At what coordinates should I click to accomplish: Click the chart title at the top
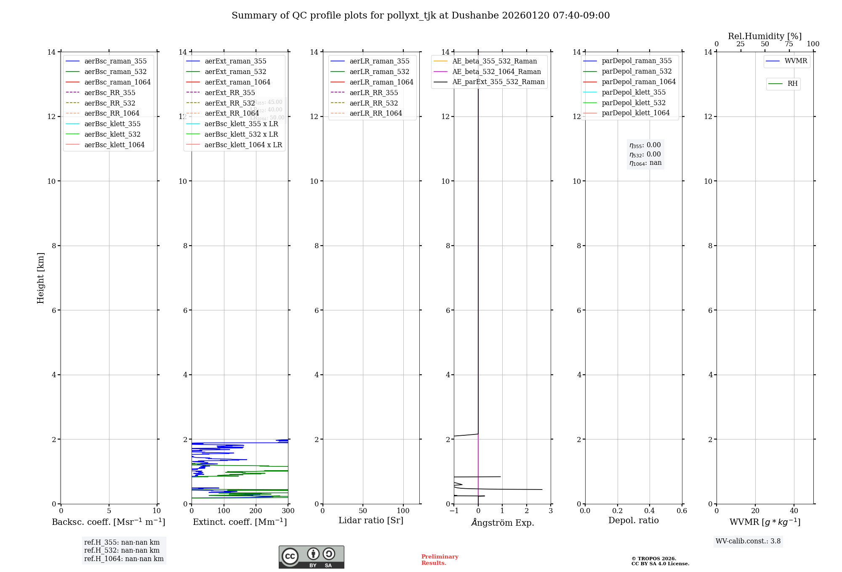point(421,16)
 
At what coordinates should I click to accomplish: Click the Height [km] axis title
point(40,278)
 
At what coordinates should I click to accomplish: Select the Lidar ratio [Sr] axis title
point(371,521)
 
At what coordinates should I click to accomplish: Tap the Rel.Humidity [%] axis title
point(765,36)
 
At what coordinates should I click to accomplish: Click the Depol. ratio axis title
point(633,521)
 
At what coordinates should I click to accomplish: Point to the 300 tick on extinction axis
point(288,511)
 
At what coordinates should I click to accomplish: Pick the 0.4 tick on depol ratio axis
point(650,511)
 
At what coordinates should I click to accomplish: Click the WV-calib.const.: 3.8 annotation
point(748,541)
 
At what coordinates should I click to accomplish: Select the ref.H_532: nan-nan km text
point(122,551)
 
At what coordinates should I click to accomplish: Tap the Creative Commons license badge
point(311,557)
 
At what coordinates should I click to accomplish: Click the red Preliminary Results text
point(440,560)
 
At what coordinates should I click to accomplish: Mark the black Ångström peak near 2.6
point(541,490)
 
